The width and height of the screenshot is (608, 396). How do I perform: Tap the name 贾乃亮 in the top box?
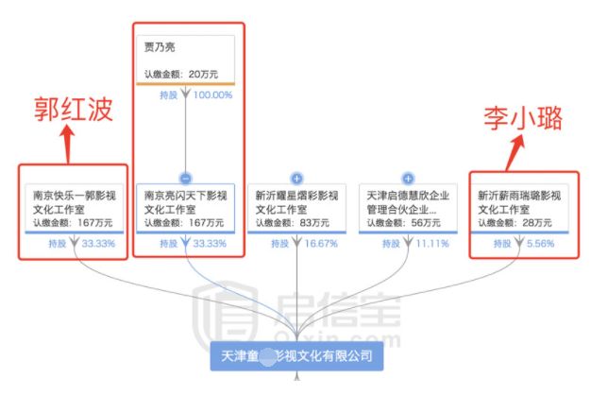[x=160, y=46]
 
